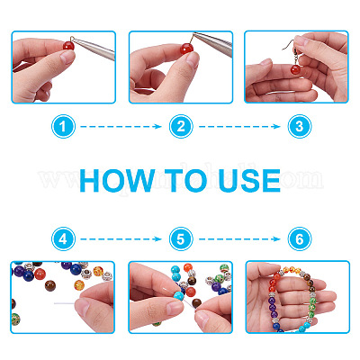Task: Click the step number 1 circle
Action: click(63, 127)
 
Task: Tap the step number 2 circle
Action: click(181, 127)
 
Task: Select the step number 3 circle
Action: click(300, 127)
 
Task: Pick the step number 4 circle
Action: click(63, 239)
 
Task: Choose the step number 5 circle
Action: click(181, 239)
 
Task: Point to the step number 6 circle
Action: click(300, 239)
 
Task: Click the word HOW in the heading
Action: click(117, 181)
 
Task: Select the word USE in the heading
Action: click(249, 181)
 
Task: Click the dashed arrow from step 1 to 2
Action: click(121, 127)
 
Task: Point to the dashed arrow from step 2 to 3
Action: click(239, 127)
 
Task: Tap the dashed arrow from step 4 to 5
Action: click(121, 239)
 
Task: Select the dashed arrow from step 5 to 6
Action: click(239, 239)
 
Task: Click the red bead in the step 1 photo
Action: click(68, 46)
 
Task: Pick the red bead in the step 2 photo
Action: click(186, 49)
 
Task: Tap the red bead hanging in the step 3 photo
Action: click(295, 70)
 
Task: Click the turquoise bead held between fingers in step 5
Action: click(179, 296)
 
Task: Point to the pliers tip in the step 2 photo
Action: click(194, 34)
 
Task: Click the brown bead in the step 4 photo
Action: click(50, 285)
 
